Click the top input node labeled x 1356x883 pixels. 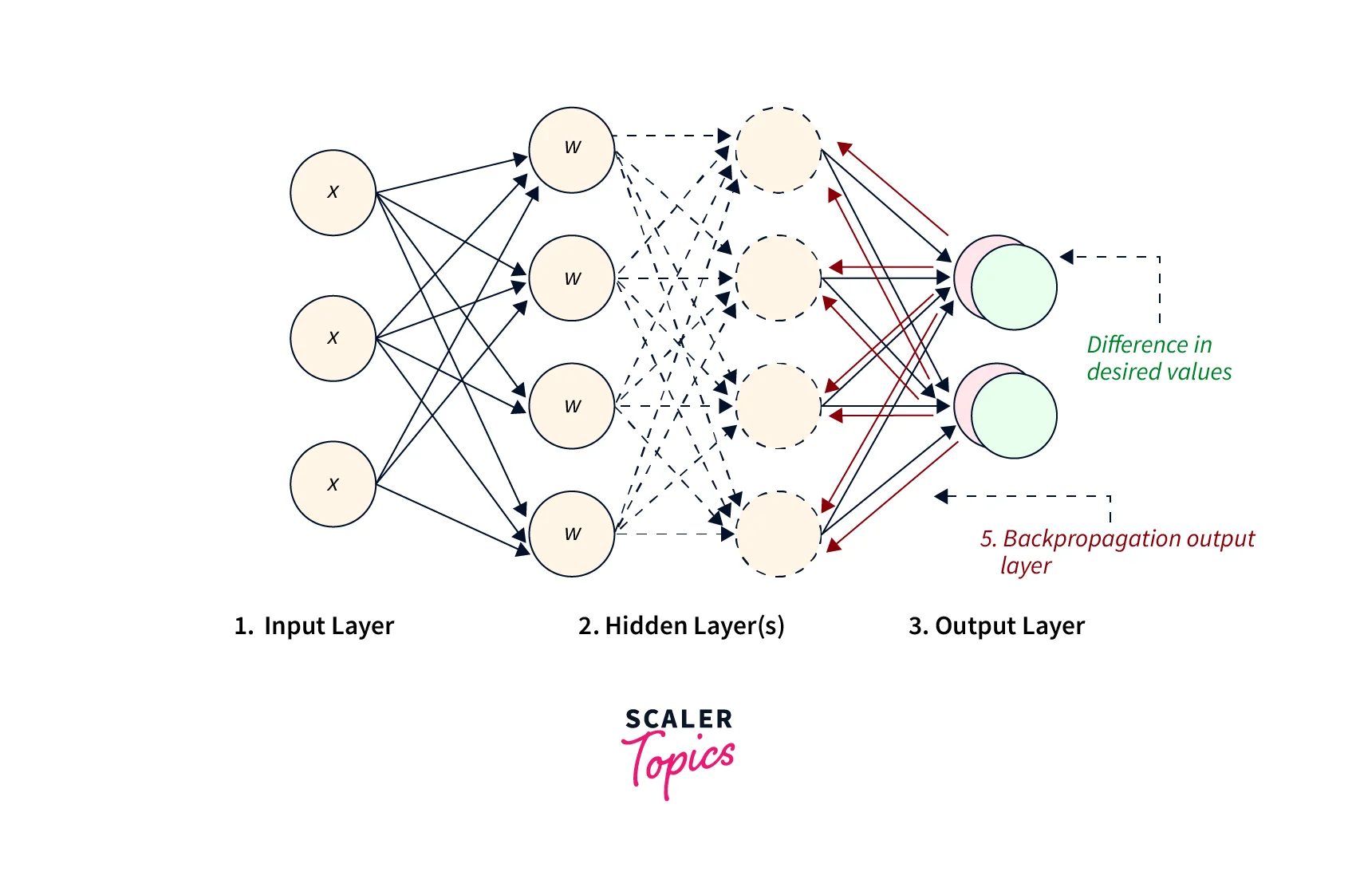coord(333,192)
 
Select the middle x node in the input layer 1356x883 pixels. coord(333,338)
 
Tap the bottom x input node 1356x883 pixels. coord(333,484)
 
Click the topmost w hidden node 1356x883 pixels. coord(572,150)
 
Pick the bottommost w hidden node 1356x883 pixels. coord(572,534)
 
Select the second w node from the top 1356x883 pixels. coord(572,278)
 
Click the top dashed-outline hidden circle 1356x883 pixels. coord(778,150)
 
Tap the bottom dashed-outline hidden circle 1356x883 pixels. coord(778,534)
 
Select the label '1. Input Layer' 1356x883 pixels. coord(314,626)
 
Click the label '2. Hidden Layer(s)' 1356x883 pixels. coord(681,626)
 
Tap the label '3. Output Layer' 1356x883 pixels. coord(996,626)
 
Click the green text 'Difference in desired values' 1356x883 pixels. coord(1158,358)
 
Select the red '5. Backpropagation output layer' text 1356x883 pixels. coord(1117,551)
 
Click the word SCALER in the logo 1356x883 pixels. coord(679,719)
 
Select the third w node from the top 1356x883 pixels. coord(572,406)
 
